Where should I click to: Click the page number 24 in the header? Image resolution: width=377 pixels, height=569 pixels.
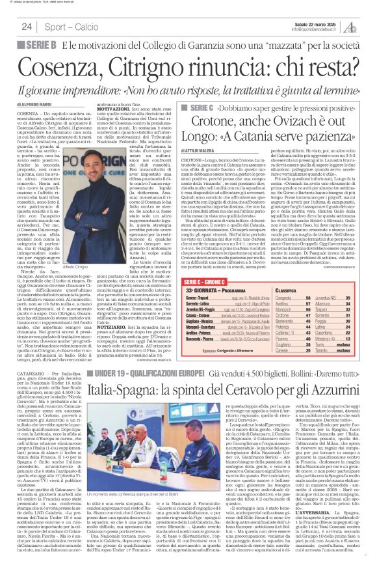tap(27, 27)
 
